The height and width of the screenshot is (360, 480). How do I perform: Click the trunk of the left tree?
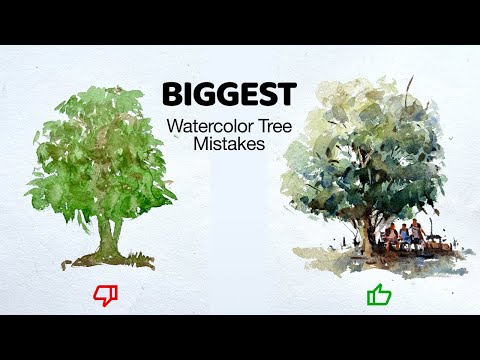point(110,236)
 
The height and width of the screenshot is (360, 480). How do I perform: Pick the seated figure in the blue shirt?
point(404,235)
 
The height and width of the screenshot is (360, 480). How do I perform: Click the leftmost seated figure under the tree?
point(389,237)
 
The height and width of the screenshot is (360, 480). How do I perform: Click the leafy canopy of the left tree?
point(100,150)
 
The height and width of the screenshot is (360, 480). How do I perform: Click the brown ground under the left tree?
point(110,262)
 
